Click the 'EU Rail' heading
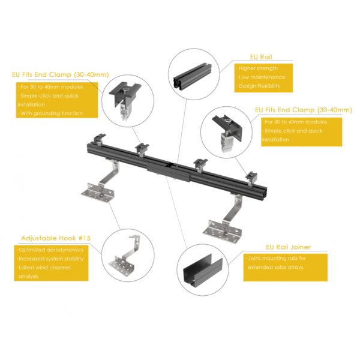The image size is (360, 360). coord(261,57)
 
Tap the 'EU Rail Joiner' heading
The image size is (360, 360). coord(288,247)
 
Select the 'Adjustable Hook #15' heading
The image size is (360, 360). coord(56,238)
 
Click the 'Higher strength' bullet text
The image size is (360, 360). coord(257,68)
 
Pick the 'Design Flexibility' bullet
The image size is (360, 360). coord(259,86)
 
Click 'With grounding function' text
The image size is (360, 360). coord(51,113)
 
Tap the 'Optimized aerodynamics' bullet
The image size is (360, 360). coord(50,250)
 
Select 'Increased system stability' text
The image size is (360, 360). coord(50,259)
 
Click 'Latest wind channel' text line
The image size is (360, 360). coord(44,268)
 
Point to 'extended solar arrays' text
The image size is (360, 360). coord(275,267)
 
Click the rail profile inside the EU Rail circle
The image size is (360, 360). coord(192,77)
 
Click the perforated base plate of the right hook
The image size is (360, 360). coord(222,232)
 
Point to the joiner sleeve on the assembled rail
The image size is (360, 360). coord(169,171)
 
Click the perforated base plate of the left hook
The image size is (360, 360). coord(98,193)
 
